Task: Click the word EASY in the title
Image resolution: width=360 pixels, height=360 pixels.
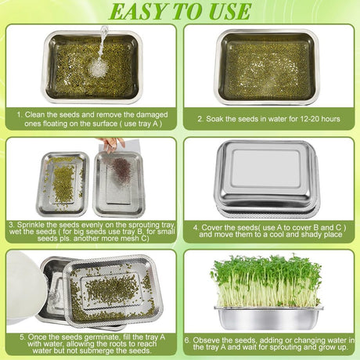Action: click(138, 11)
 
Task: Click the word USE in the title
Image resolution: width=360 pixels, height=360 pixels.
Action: click(230, 11)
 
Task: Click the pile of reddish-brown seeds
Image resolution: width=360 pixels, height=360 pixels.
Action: click(121, 169)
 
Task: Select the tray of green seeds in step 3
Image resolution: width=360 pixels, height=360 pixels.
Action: click(63, 184)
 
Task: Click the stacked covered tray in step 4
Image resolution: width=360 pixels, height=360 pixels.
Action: click(268, 179)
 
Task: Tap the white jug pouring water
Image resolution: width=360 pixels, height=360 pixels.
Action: click(23, 288)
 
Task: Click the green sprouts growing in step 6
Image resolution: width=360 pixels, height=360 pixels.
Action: click(267, 280)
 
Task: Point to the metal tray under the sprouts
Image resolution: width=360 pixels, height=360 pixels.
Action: click(268, 318)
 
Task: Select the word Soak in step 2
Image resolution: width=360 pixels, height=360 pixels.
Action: click(214, 119)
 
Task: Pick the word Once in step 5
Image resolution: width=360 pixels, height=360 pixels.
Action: click(37, 337)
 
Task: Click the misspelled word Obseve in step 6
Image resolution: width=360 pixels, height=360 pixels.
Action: click(205, 340)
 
